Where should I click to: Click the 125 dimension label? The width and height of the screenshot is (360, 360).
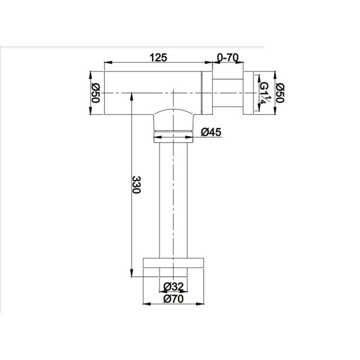click(158, 58)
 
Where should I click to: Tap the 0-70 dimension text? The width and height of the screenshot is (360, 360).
click(228, 58)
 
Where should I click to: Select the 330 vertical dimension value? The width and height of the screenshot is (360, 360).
click(136, 185)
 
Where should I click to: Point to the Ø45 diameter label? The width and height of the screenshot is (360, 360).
click(211, 132)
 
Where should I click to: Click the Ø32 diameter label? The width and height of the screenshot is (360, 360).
click(174, 286)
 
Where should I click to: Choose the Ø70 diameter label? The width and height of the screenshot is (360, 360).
click(174, 299)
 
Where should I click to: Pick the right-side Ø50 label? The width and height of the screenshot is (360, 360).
click(280, 93)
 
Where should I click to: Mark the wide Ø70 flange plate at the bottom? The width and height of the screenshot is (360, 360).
click(173, 263)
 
